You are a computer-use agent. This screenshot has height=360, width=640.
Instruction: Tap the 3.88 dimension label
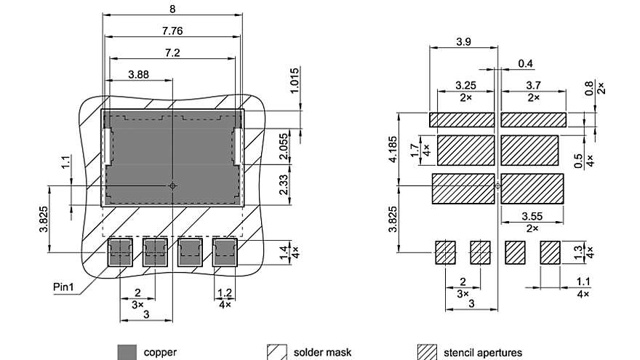pos(139,74)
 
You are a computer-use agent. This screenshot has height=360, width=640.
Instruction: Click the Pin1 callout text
pos(64,287)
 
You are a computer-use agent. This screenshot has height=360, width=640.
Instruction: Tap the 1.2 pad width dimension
pos(225,293)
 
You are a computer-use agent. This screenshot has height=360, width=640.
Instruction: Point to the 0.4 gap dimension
pos(525,64)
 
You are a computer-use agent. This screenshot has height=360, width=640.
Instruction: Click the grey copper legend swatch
pos(127,353)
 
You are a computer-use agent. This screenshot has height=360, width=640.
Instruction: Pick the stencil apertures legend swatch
pos(427,353)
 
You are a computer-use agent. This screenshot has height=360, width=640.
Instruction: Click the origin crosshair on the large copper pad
pos(172,185)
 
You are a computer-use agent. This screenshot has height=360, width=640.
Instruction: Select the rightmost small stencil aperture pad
pos(551,252)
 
